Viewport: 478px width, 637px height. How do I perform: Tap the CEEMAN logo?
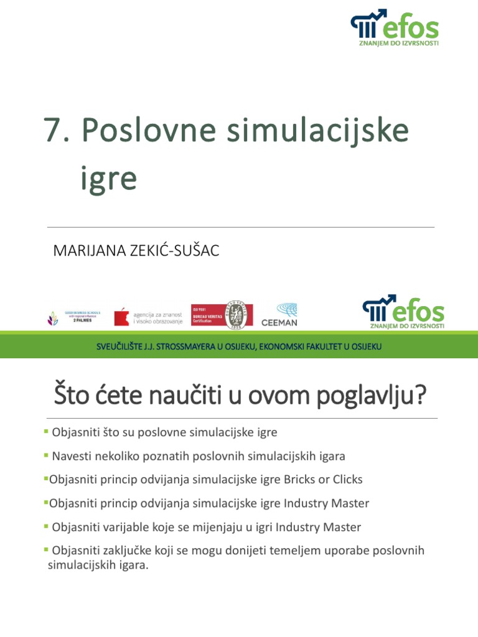click(279, 315)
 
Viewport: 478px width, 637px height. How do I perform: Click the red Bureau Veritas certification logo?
click(221, 315)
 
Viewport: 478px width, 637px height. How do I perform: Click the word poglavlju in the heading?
click(370, 396)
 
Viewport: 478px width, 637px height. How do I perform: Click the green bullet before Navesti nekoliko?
click(46, 455)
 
